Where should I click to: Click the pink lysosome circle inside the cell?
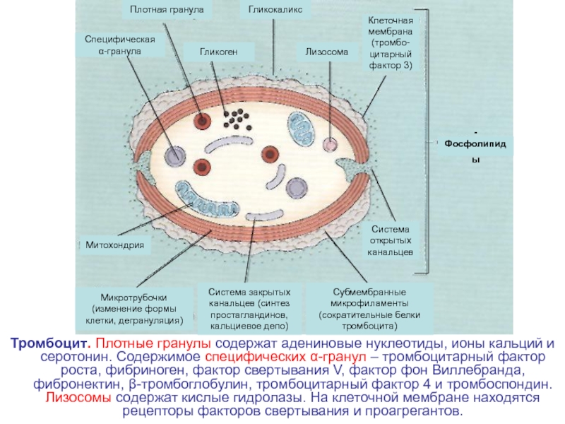point(330,144)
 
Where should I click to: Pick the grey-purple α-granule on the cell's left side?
point(175,155)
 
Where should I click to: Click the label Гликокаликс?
point(275,9)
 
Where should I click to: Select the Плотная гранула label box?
point(167,9)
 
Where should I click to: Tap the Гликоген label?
point(219,52)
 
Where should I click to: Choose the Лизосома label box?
point(327,52)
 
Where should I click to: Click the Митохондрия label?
point(114,245)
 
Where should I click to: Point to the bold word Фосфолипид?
point(475,144)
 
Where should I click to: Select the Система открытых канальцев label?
point(390,240)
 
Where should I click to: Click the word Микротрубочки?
point(133,298)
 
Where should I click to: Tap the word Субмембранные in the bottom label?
point(369,292)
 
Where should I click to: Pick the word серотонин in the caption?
point(76,357)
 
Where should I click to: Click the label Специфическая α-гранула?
point(120,45)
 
